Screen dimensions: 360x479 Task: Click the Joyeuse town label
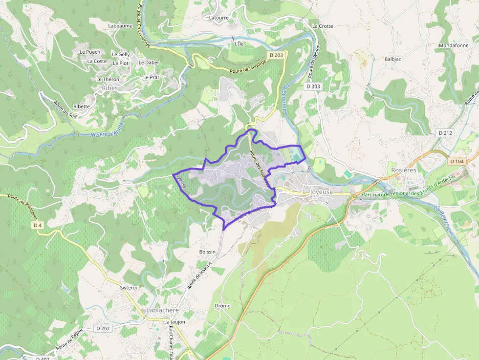pyautogui.click(x=321, y=192)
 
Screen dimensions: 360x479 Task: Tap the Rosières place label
pyautogui.click(x=404, y=170)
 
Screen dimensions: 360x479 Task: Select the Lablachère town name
pyautogui.click(x=163, y=310)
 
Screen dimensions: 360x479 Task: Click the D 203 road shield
pyautogui.click(x=276, y=55)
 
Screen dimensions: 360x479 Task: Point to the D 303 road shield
pyautogui.click(x=313, y=86)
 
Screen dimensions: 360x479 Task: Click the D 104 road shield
pyautogui.click(x=457, y=161)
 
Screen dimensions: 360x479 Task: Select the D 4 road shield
pyautogui.click(x=38, y=225)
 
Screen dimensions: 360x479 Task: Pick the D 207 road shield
pyautogui.click(x=103, y=328)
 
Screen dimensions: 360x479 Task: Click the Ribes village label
pyautogui.click(x=110, y=88)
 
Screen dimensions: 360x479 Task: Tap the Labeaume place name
pyautogui.click(x=120, y=26)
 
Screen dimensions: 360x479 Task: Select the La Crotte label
pyautogui.click(x=322, y=26)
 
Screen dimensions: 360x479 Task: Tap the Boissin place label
pyautogui.click(x=207, y=252)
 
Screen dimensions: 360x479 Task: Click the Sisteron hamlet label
pyautogui.click(x=130, y=288)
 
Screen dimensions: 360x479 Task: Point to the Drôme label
pyautogui.click(x=222, y=306)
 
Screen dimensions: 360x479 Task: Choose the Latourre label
pyautogui.click(x=218, y=18)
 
